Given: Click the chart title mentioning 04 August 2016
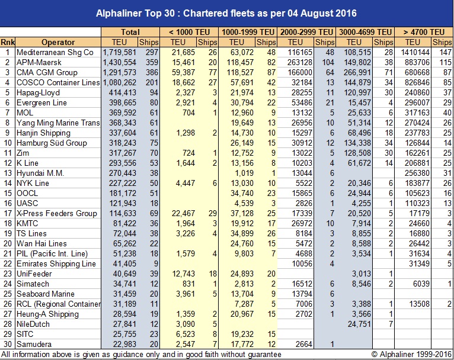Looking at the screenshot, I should [x=226, y=12].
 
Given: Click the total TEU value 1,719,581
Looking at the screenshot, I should [x=119, y=52].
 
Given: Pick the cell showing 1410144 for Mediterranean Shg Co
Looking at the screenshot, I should [x=413, y=52].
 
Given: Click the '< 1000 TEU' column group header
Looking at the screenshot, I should [x=188, y=32].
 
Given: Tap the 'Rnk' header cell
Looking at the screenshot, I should [x=8, y=42].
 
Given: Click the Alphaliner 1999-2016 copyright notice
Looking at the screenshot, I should [x=408, y=354].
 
